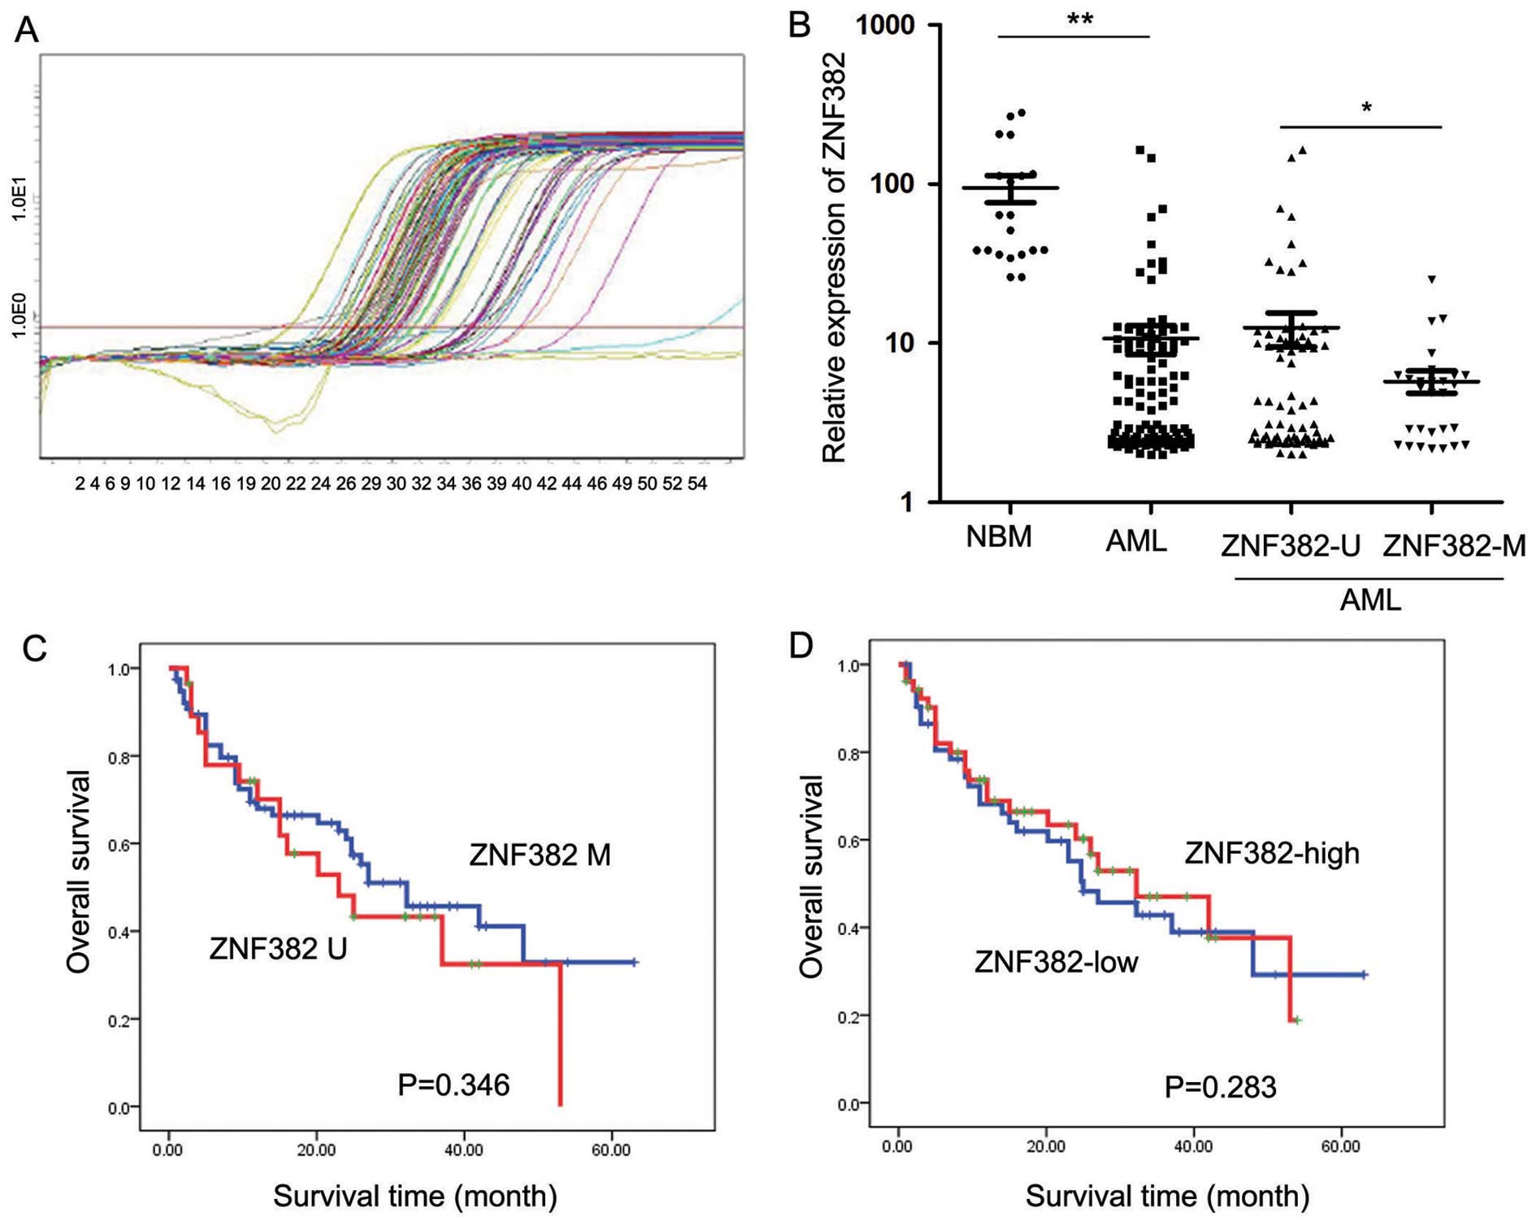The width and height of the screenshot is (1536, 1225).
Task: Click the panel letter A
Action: [27, 31]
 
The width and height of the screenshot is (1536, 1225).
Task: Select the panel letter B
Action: [800, 26]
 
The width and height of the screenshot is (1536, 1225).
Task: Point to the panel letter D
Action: [801, 646]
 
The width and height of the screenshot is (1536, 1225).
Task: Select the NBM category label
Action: [999, 537]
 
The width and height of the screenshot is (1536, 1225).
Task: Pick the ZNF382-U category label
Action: [1291, 546]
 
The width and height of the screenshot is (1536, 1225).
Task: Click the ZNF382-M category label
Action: [1454, 546]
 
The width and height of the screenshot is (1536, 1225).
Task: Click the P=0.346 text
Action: [453, 1084]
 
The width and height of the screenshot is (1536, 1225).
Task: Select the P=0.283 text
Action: [1220, 1087]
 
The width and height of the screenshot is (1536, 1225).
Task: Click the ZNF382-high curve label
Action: [1272, 853]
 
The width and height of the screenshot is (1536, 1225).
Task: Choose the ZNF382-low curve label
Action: [1057, 963]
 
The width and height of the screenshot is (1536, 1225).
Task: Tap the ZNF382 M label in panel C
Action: [540, 855]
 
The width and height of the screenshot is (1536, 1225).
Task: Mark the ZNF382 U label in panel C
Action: [278, 948]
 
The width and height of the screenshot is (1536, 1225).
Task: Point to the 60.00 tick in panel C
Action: [610, 1150]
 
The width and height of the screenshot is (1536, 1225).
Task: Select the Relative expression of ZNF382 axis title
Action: [835, 258]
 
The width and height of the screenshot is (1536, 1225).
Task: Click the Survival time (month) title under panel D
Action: [1167, 1196]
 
